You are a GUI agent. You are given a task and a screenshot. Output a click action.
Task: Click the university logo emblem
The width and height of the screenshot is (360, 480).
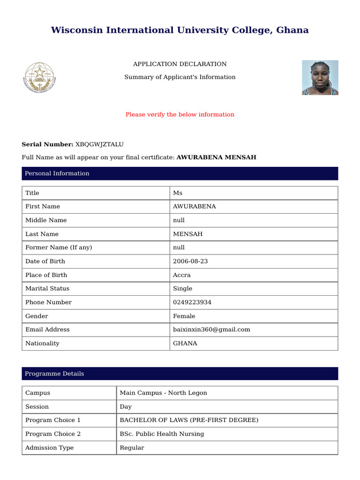39,78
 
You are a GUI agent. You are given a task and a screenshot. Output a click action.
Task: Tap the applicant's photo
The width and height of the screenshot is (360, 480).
320,78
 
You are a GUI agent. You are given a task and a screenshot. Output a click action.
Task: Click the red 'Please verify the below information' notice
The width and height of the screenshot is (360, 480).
180,114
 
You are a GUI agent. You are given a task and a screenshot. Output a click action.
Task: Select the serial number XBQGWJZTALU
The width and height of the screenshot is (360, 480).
99,144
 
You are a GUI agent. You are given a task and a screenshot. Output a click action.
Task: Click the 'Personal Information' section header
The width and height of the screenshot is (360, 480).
57,173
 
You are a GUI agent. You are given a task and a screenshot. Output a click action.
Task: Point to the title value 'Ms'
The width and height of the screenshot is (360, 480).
178,193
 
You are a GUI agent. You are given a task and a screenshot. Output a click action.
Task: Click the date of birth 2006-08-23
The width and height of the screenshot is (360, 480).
190,261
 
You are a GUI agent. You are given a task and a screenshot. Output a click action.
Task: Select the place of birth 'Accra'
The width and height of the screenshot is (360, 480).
182,275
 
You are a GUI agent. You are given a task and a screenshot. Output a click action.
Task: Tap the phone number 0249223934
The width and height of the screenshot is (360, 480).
192,302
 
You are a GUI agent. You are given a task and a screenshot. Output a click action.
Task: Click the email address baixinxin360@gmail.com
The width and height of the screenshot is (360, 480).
211,330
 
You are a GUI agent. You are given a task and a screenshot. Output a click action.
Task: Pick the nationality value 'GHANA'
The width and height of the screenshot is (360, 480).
185,343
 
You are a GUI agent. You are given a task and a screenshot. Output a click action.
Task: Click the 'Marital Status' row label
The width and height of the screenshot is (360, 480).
47,289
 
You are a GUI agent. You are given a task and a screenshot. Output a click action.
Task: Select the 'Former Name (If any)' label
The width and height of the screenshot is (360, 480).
59,247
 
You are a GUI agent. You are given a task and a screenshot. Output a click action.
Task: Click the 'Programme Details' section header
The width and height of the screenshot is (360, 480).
54,374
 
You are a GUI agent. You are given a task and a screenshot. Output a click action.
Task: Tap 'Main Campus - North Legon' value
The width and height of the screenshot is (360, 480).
163,393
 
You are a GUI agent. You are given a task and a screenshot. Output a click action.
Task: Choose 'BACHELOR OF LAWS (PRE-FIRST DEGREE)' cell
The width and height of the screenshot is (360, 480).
189,420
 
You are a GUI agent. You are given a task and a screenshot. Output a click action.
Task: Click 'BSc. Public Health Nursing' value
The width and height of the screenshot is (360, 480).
162,434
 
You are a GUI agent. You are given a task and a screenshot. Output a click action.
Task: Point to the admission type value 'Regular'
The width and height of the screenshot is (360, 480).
132,448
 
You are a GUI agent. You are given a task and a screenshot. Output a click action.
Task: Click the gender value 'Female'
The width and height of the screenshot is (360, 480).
184,316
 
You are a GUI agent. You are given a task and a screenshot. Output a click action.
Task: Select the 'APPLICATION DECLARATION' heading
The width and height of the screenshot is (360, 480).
180,64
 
